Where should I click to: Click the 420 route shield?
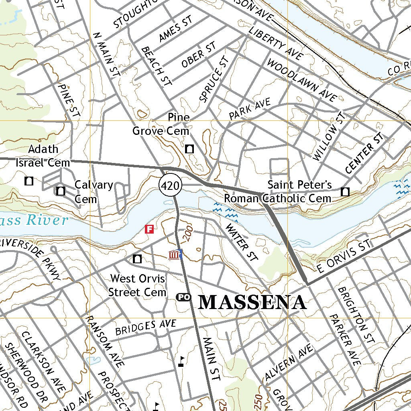point(171,185)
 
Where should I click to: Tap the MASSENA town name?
point(252,302)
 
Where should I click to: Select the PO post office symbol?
point(183,297)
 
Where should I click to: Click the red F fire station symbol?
point(149,229)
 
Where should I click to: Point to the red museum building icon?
point(174,254)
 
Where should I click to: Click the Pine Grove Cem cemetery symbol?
point(189,149)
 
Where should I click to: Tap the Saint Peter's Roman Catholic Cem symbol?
point(345,192)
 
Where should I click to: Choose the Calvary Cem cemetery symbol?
point(61,191)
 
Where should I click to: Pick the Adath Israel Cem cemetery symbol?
point(29,181)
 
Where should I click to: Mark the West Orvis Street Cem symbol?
point(137,259)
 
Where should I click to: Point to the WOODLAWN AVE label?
point(301,80)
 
